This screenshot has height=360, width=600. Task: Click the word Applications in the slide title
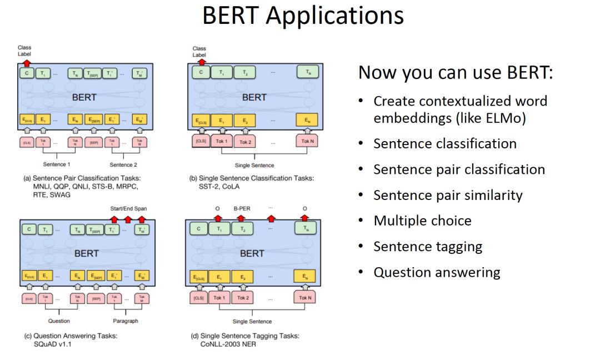tap(334, 16)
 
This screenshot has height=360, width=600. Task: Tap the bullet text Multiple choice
tap(422, 221)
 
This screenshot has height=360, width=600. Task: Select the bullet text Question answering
tap(437, 272)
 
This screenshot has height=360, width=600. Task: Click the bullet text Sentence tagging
tap(428, 246)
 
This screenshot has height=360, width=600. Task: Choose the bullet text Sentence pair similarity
tap(448, 195)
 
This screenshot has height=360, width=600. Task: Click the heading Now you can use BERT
tap(456, 73)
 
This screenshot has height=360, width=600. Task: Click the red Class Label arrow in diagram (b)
tap(198, 63)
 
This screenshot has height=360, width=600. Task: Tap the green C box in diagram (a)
tap(26, 73)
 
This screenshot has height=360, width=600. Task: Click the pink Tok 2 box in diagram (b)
tap(244, 142)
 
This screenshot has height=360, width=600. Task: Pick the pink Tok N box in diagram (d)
tap(304, 298)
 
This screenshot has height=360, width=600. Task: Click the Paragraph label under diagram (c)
tap(125, 321)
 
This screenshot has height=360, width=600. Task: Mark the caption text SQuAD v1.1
tap(53, 344)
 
